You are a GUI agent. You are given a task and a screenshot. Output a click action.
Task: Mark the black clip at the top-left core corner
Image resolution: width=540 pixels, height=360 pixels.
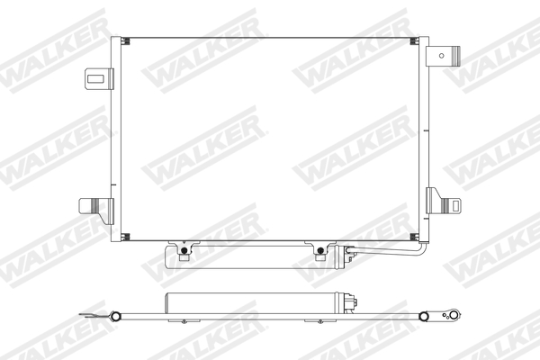pyautogui.click(x=125, y=40)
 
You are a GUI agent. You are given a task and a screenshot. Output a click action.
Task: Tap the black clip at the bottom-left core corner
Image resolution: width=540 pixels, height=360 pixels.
pyautogui.click(x=125, y=238)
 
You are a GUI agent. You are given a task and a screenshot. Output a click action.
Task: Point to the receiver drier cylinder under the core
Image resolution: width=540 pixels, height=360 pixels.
pyautogui.click(x=253, y=259)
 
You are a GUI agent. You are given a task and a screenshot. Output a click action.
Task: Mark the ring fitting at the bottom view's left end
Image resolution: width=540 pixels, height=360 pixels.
pyautogui.click(x=115, y=315)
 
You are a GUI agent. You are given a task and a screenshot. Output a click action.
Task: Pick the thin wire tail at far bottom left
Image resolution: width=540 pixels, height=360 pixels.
pyautogui.click(x=85, y=314)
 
